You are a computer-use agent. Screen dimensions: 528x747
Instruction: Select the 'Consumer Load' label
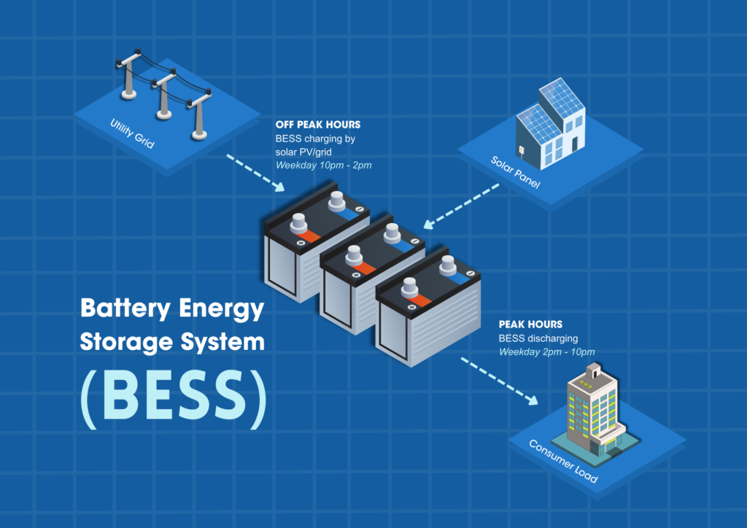pyautogui.click(x=563, y=462)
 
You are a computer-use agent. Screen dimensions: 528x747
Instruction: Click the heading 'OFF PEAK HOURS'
pyautogui.click(x=317, y=125)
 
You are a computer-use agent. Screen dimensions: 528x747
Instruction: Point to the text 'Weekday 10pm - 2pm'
pyautogui.click(x=323, y=165)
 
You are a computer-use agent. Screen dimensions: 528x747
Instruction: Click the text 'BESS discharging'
pyautogui.click(x=538, y=338)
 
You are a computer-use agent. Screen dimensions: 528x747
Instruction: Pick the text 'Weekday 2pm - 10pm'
pyautogui.click(x=546, y=352)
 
